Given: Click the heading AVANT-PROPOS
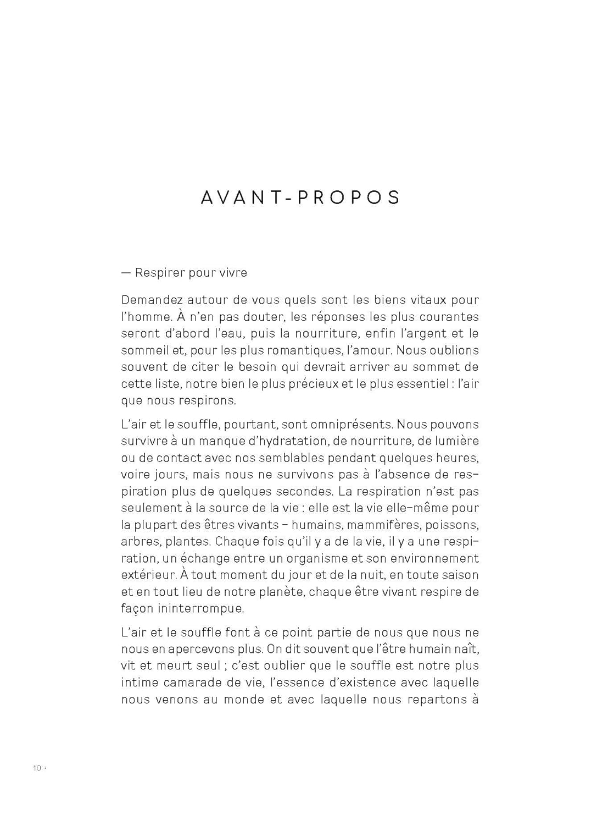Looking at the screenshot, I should (300, 197).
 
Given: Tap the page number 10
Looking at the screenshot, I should (37, 768).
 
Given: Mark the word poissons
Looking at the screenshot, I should (452, 525).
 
